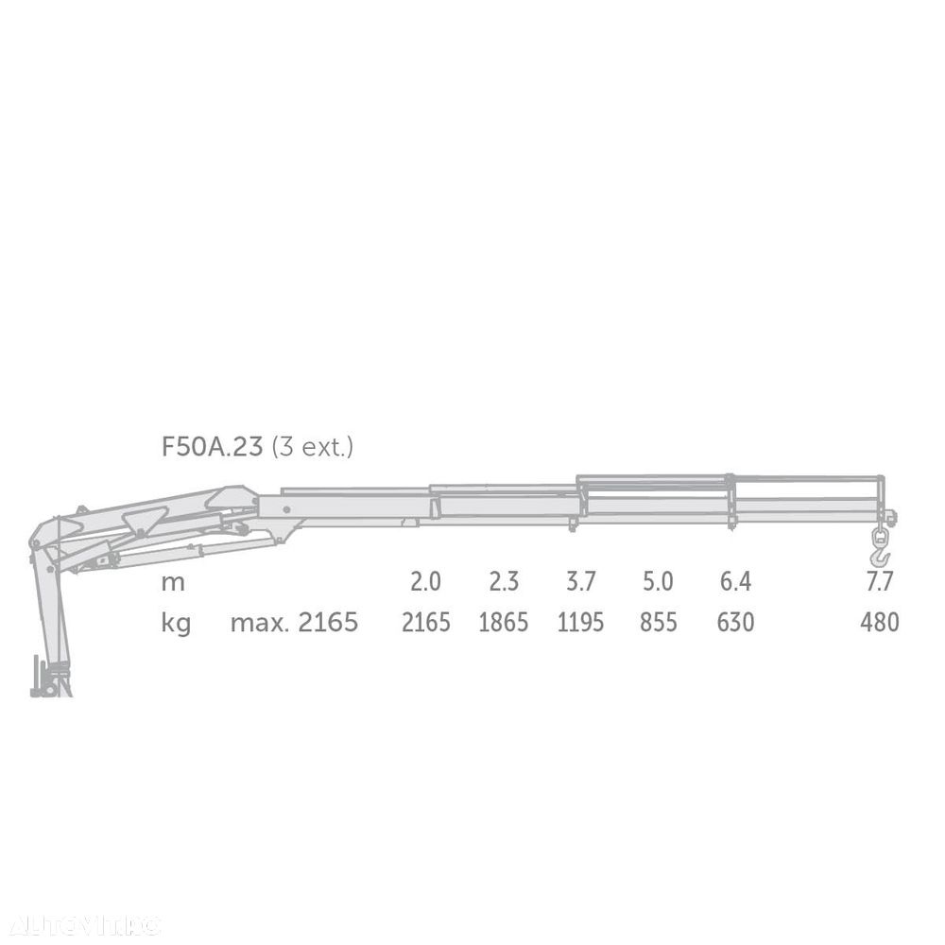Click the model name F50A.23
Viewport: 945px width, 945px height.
tap(212, 447)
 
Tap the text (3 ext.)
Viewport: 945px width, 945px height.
tap(312, 448)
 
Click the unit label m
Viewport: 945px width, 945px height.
tap(173, 583)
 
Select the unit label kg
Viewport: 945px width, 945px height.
tap(176, 623)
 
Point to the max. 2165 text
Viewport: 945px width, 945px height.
tap(294, 622)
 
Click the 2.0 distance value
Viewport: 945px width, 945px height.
tap(425, 581)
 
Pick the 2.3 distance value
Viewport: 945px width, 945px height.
tap(504, 581)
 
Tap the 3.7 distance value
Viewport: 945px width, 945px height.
tap(580, 581)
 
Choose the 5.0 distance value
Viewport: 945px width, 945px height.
tap(658, 581)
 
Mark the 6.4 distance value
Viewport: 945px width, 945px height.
tap(735, 581)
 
